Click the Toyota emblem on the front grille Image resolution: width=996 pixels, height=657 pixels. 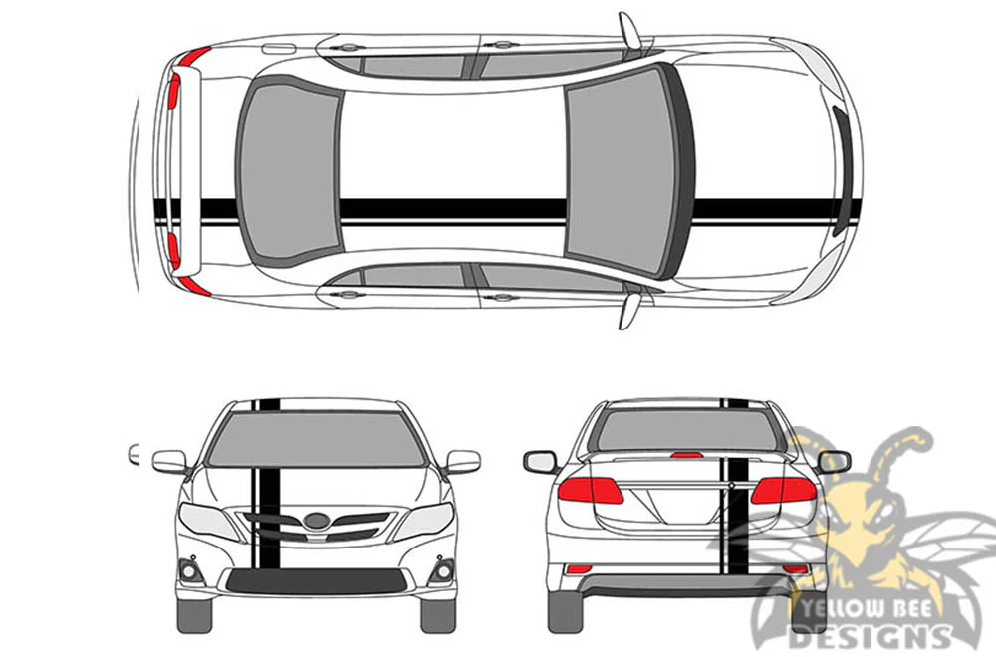[x=316, y=521]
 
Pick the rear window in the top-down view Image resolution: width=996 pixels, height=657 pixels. [x=289, y=171]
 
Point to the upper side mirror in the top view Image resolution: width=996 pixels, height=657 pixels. [x=630, y=30]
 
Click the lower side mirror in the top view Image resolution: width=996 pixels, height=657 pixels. [x=630, y=311]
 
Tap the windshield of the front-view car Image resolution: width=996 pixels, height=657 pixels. [x=316, y=439]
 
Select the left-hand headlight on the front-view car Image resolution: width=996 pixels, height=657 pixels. [x=208, y=521]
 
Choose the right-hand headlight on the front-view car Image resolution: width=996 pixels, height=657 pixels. [x=424, y=521]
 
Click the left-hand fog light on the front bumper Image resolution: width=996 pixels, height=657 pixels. [x=190, y=571]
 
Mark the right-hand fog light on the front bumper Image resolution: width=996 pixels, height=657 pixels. [x=443, y=571]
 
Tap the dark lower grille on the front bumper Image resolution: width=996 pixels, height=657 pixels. [x=317, y=580]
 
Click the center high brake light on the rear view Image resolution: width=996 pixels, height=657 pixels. [x=687, y=455]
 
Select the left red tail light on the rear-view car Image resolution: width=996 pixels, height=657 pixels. [x=590, y=490]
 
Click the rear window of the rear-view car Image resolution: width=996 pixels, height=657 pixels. [x=686, y=430]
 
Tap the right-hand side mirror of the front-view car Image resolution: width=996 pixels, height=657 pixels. [x=463, y=462]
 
